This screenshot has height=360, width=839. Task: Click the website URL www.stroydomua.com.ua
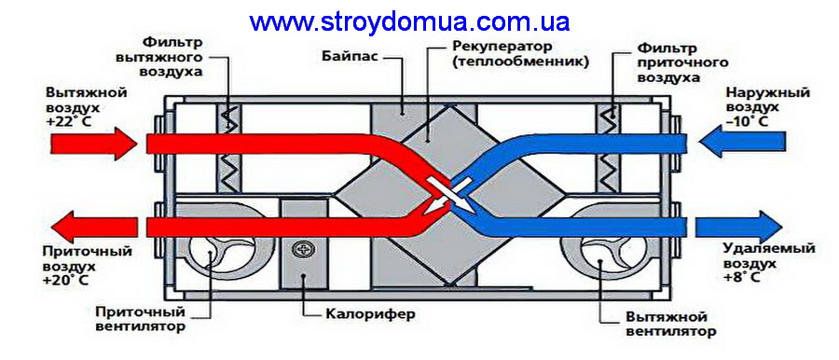click(x=409, y=21)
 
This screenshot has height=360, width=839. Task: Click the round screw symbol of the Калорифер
click(x=304, y=250)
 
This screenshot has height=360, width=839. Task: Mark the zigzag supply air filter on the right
click(x=611, y=149)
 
